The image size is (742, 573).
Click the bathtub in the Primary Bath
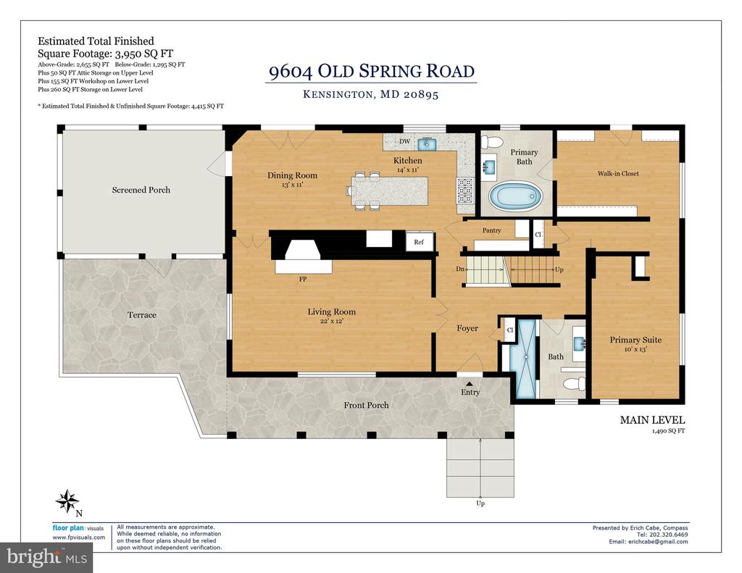[515, 197]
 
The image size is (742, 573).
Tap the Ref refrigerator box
[420, 242]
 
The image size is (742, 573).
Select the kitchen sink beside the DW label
[430, 143]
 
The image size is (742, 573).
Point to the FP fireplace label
[303, 279]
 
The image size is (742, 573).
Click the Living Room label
[331, 311]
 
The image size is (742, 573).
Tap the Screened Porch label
[141, 190]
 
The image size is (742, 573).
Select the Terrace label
[141, 314]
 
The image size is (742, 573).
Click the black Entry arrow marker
[470, 384]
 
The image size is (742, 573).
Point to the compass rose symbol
[67, 501]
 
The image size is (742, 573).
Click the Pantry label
[492, 230]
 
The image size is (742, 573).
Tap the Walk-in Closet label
[618, 174]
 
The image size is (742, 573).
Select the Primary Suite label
[635, 340]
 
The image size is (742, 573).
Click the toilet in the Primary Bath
[492, 141]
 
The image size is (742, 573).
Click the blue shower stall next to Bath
[526, 359]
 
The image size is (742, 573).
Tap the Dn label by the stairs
[460, 269]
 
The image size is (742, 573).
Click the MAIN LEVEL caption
[652, 419]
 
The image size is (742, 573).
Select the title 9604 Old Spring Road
[372, 71]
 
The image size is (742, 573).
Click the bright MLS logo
[46, 557]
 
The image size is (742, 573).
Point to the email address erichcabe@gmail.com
[654, 542]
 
